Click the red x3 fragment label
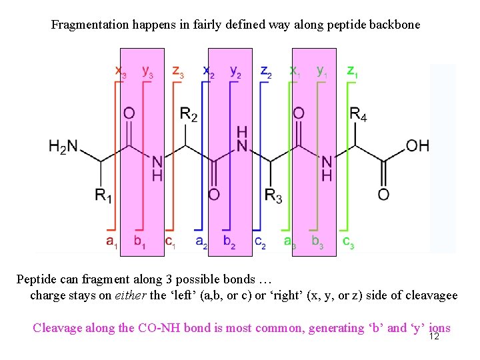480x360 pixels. (121, 71)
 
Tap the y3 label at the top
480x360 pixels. (147, 71)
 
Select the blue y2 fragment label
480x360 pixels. (235, 71)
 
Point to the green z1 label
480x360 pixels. (352, 71)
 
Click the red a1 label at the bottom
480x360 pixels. (111, 241)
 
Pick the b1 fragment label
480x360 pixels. (139, 241)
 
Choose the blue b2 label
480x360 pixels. (229, 241)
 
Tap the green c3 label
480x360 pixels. (348, 241)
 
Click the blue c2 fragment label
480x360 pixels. (260, 241)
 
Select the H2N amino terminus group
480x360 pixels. (63, 146)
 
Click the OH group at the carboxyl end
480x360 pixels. (417, 145)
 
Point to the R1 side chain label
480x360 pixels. (103, 195)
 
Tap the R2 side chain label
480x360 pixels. (189, 115)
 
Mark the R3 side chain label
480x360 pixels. (273, 195)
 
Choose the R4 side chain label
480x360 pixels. (358, 115)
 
